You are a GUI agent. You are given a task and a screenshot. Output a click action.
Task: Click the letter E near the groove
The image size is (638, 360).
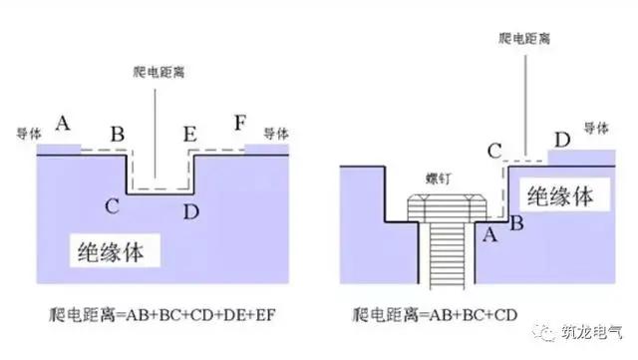(190, 132)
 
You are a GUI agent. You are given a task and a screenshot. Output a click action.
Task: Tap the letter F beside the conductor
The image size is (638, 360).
(239, 125)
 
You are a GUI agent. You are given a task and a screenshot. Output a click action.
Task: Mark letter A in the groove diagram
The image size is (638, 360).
(62, 124)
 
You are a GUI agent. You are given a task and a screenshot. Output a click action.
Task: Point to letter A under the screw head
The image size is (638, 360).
(489, 235)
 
